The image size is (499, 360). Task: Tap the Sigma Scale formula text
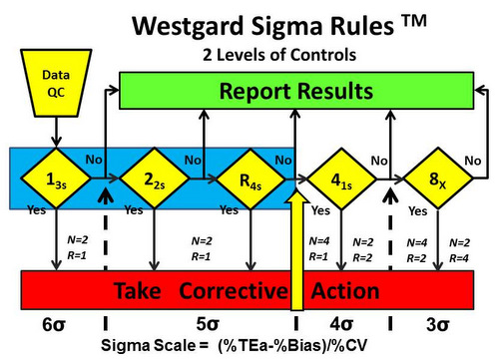(x=254, y=348)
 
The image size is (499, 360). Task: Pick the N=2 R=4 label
(x=460, y=248)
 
